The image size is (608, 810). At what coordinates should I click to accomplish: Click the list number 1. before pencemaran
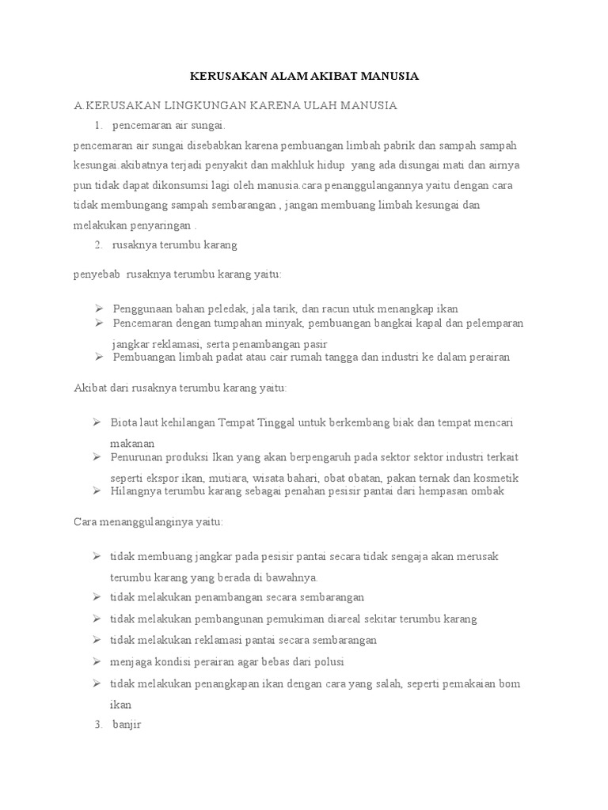point(98,125)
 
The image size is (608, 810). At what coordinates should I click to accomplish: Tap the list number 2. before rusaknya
point(98,244)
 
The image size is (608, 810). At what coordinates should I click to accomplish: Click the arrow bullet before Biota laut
point(97,422)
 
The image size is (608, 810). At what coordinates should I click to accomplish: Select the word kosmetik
point(495,478)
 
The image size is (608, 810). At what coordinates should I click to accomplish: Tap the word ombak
point(488,491)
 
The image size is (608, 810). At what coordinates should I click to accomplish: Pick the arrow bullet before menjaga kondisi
point(97,660)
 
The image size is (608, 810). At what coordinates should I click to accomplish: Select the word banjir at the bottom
point(127,725)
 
